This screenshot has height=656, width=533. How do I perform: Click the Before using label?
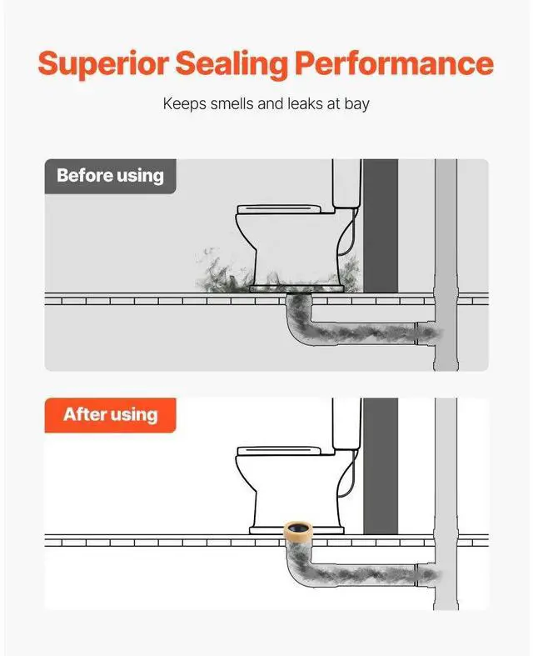coord(110,176)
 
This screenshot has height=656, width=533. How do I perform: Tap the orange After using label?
coord(110,414)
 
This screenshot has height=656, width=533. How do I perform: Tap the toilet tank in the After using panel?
coord(346,422)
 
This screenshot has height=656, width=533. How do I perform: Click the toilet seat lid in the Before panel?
coord(278,209)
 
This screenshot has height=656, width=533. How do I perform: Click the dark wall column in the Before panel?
coord(381,225)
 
